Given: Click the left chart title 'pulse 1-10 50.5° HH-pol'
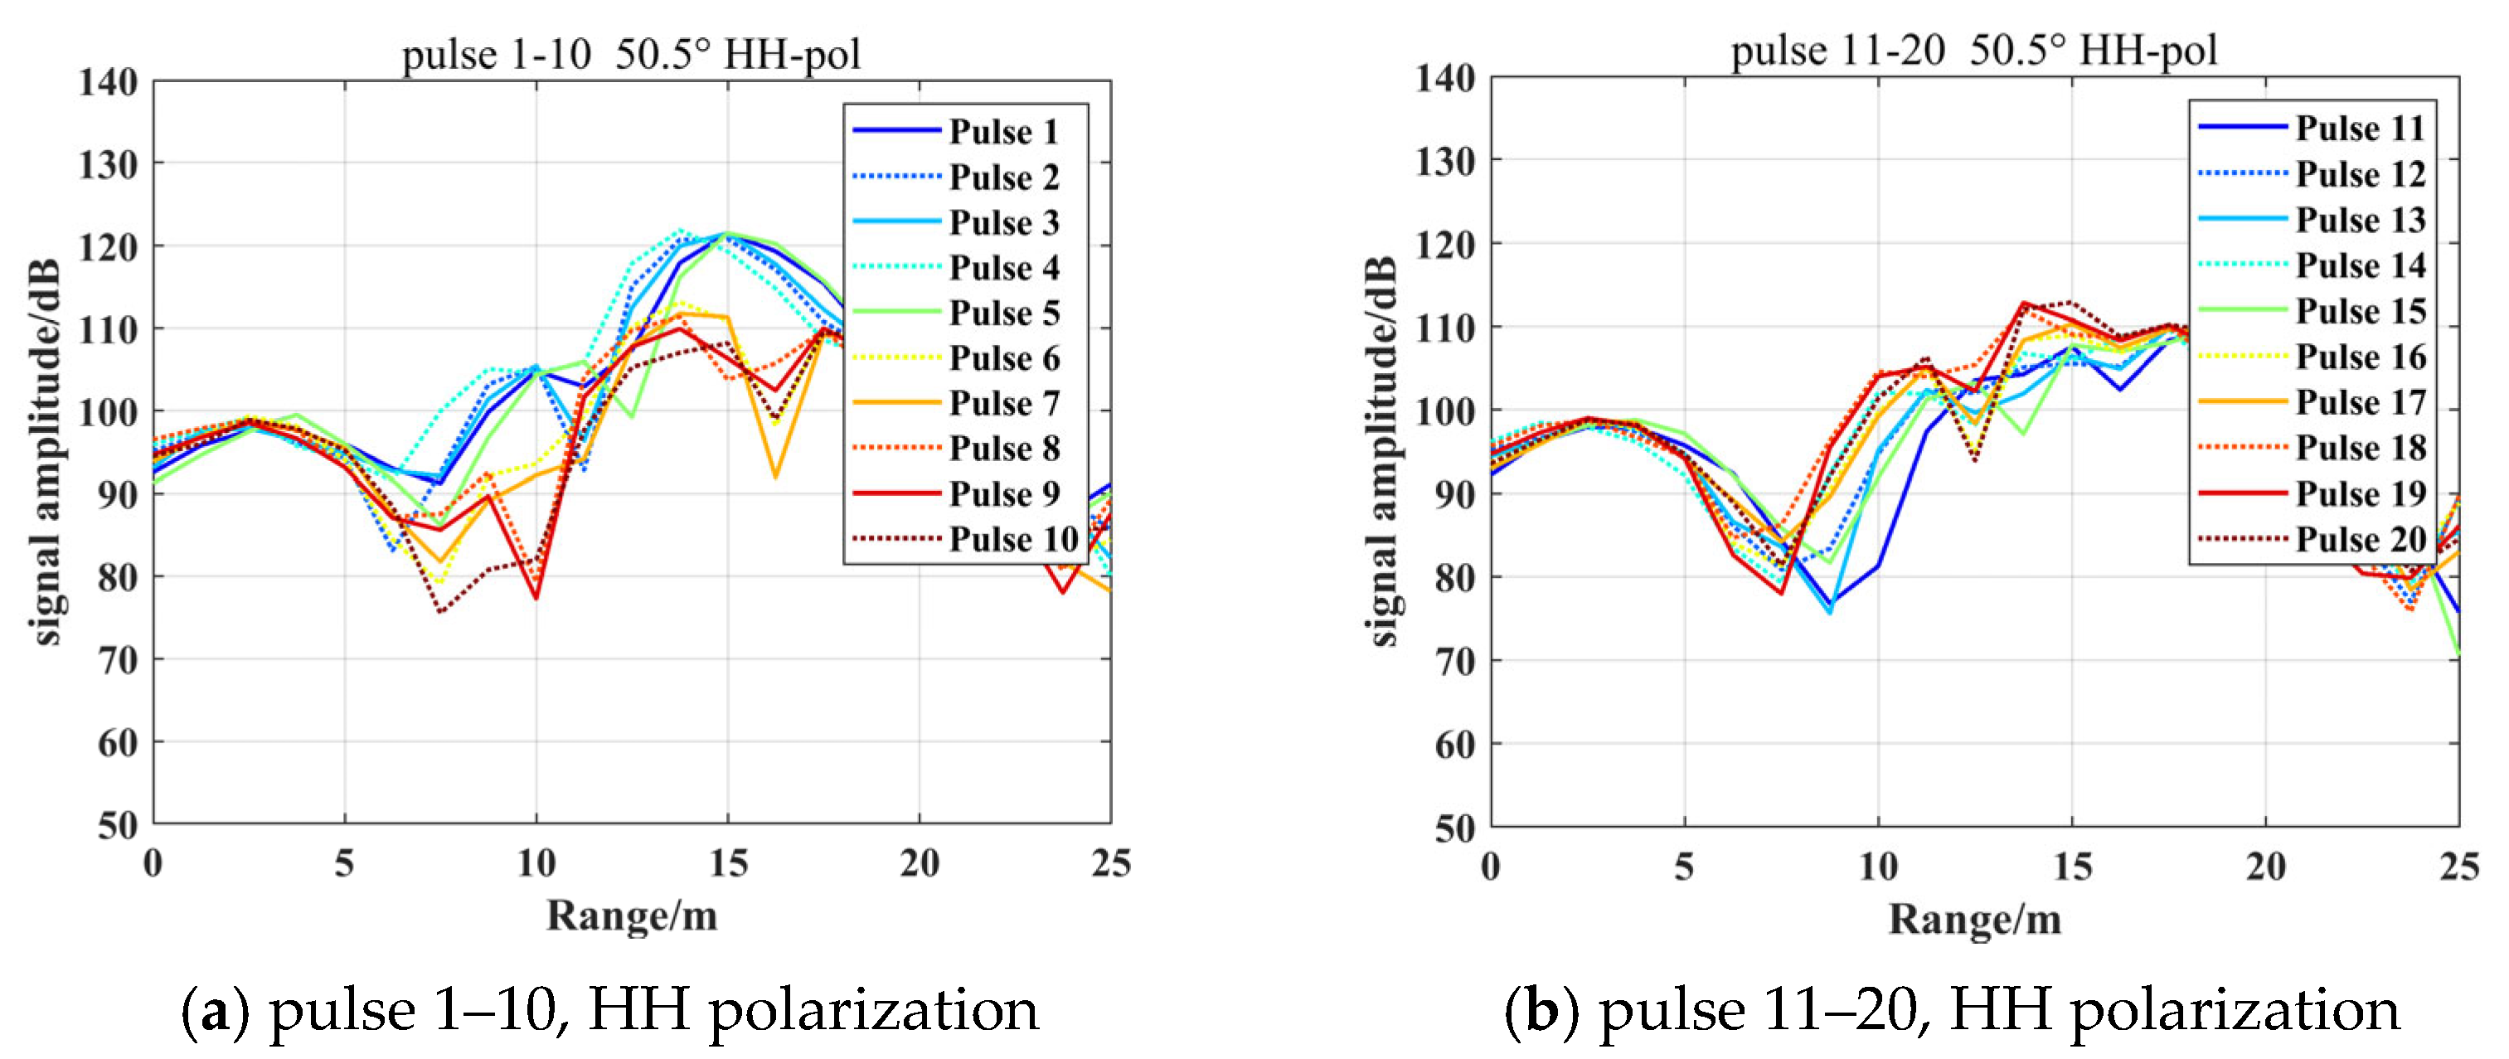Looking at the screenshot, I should (x=631, y=54).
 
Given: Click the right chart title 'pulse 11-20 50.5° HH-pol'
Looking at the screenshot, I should (x=1973, y=50).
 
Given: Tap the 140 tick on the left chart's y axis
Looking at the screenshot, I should (x=107, y=82).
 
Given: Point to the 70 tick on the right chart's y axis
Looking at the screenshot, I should (x=1454, y=662).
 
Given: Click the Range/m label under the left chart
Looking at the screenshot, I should (x=631, y=916).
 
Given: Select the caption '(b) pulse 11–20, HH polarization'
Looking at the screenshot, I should (x=1952, y=1010).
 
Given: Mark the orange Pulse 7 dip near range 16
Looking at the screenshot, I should (x=775, y=476).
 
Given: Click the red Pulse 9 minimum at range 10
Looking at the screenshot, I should (x=536, y=597).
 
